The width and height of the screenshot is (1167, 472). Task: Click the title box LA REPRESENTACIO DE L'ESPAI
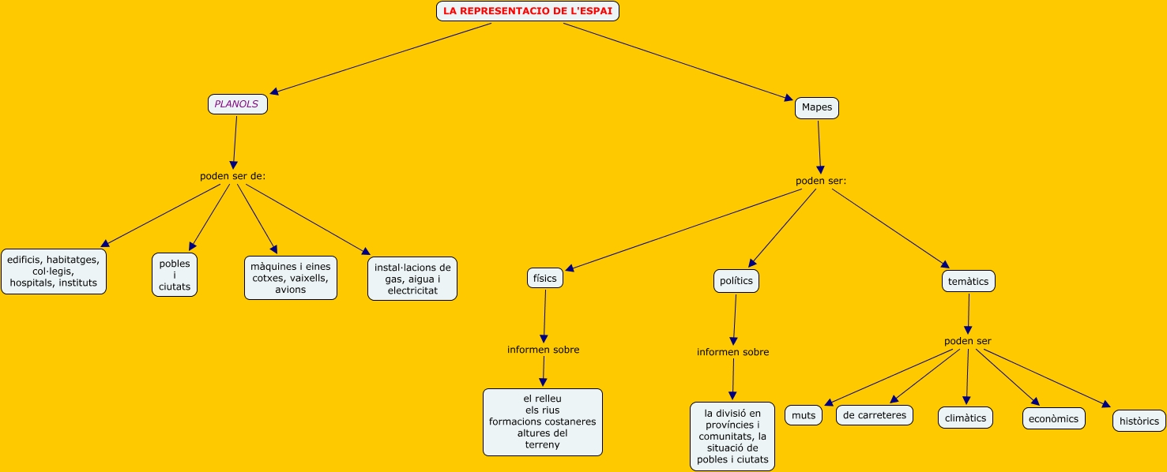tap(527, 11)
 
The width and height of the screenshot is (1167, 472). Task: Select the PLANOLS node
tap(237, 104)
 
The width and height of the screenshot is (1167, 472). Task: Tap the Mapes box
tap(816, 107)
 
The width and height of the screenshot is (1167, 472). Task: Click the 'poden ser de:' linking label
tap(232, 176)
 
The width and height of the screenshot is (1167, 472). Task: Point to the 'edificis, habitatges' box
tap(53, 271)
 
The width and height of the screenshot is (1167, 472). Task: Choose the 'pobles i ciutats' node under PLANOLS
tap(175, 275)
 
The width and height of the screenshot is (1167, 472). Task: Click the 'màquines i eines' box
tap(291, 278)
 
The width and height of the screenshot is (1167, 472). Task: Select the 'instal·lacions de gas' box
tap(412, 279)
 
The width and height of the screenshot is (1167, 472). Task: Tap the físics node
tap(544, 278)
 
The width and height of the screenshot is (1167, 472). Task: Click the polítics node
tap(736, 280)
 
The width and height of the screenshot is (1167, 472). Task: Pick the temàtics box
tap(968, 281)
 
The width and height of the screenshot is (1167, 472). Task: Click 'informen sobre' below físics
tap(543, 350)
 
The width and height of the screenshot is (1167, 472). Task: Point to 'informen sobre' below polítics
tap(732, 352)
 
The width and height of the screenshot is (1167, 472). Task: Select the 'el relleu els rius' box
tap(542, 421)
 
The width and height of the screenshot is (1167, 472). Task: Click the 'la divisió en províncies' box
tap(732, 436)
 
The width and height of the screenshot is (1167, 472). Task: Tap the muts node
tap(803, 415)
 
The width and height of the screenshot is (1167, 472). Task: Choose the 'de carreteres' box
tap(874, 415)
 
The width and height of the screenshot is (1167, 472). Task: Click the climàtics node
tap(965, 418)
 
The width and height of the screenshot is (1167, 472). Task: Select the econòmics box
tap(1053, 418)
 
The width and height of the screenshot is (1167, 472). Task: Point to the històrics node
tap(1139, 421)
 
